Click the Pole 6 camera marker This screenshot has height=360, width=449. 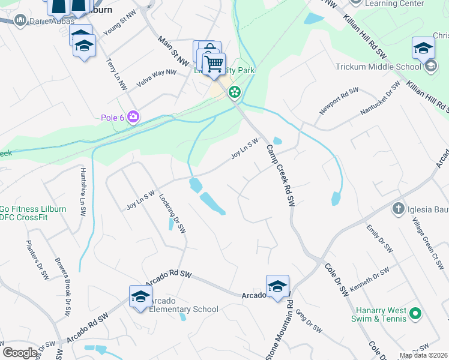click(x=133, y=117)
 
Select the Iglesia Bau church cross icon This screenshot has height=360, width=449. click(x=397, y=209)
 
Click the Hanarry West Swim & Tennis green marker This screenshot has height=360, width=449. click(x=415, y=313)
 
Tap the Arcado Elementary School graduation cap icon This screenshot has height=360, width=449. click(x=140, y=296)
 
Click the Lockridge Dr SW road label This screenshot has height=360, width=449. click(x=173, y=213)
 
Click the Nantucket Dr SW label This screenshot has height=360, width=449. click(x=380, y=100)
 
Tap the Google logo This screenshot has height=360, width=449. click(x=20, y=353)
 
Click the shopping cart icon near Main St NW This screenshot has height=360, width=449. click(x=214, y=63)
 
